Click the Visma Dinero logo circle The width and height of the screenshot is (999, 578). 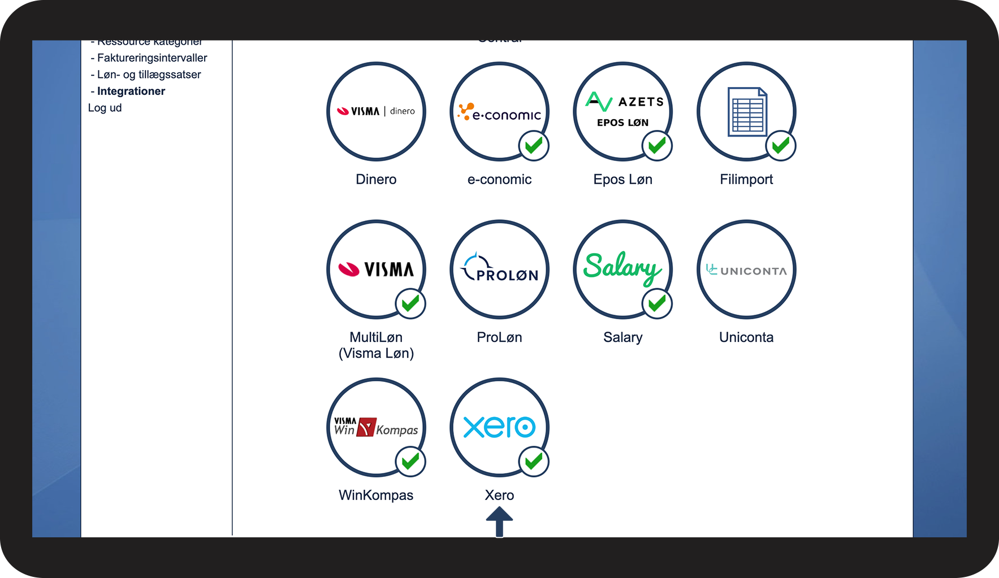click(376, 111)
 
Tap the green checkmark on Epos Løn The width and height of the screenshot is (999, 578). click(657, 146)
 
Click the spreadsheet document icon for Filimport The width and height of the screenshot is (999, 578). click(747, 111)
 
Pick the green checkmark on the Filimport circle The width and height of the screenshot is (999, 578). click(781, 146)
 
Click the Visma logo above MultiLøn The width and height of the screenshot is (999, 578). click(376, 270)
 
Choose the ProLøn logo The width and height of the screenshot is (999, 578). click(500, 269)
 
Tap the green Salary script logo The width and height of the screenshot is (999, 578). click(622, 267)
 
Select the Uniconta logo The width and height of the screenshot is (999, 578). click(746, 270)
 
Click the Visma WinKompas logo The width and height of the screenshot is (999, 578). click(376, 427)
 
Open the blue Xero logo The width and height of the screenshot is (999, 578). click(500, 427)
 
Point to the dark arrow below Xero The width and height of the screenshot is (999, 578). click(499, 521)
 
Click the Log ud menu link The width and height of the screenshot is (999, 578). click(105, 108)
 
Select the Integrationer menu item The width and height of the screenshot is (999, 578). click(131, 91)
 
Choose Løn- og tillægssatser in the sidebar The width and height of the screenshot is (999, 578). click(149, 75)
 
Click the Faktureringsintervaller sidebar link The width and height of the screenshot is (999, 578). click(152, 58)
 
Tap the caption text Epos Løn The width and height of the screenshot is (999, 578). click(622, 179)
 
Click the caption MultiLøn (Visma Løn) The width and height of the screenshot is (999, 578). click(376, 345)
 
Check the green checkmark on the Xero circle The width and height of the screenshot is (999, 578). click(534, 462)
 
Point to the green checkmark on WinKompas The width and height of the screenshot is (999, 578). click(410, 462)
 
